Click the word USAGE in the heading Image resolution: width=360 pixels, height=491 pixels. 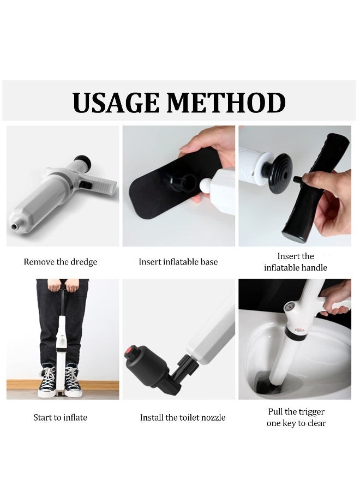click(x=116, y=103)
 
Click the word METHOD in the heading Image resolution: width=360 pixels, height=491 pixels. click(x=226, y=103)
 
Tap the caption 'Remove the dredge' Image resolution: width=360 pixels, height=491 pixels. click(x=61, y=262)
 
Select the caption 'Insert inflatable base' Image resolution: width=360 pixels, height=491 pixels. click(x=178, y=262)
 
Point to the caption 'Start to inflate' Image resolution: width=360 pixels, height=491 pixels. click(x=61, y=417)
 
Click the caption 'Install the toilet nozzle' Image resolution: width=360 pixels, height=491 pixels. click(x=183, y=417)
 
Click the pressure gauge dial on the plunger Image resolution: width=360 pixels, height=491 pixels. click(x=290, y=306)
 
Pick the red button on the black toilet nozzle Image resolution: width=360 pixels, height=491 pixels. click(x=129, y=352)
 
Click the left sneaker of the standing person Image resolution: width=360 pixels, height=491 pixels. click(x=47, y=381)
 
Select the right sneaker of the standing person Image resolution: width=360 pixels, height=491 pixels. click(x=73, y=381)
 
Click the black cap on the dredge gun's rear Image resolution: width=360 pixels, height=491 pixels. click(x=83, y=161)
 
